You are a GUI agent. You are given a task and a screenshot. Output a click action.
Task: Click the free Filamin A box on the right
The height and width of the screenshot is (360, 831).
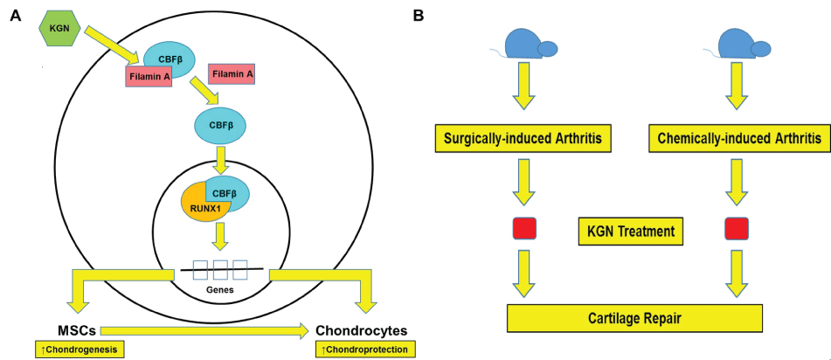[x=232, y=75]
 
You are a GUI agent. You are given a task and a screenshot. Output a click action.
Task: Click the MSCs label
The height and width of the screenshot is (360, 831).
[x=76, y=330]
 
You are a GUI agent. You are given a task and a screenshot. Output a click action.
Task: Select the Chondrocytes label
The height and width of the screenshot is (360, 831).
[x=363, y=330]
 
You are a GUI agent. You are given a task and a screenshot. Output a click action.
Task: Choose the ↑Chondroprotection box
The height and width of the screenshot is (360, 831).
[x=365, y=350]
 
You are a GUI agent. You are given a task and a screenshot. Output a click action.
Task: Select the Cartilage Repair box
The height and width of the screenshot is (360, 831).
[x=635, y=317]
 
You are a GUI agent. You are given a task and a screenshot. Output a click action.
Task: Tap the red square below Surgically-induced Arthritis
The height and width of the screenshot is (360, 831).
[x=523, y=229]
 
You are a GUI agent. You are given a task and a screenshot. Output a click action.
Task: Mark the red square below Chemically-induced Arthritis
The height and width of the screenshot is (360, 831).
[x=736, y=229]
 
